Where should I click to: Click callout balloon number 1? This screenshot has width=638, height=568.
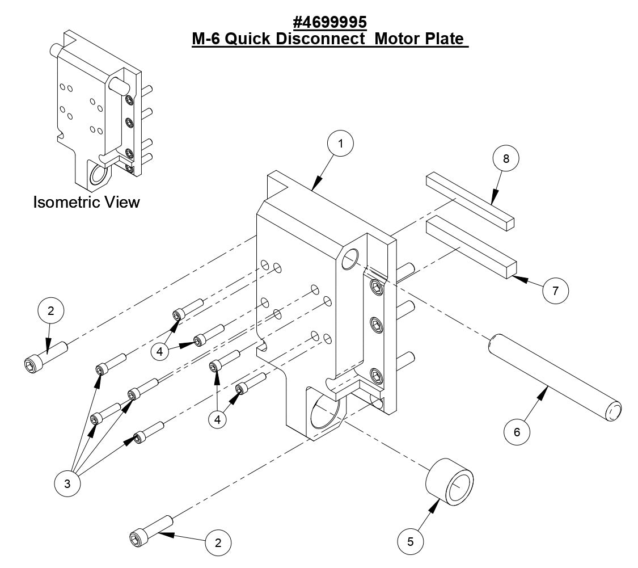[x=340, y=144]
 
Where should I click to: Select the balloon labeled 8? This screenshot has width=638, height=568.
[x=506, y=159]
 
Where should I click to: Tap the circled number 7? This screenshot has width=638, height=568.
[x=556, y=291]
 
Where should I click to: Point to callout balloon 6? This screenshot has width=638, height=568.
[x=517, y=432]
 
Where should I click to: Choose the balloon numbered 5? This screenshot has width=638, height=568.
[x=410, y=541]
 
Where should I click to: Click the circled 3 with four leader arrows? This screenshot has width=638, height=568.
[x=67, y=483]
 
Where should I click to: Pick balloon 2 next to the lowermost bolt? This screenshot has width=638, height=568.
[x=217, y=542]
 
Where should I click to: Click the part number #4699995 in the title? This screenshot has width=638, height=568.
[x=330, y=23]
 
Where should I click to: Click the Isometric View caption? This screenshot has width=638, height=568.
[x=86, y=202]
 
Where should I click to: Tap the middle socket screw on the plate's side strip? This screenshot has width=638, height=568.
[x=377, y=325]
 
